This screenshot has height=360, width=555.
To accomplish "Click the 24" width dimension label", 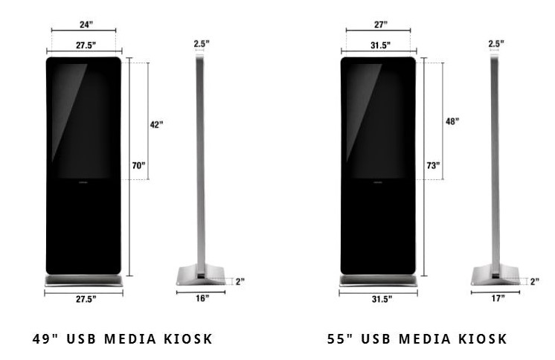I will tap(86, 25).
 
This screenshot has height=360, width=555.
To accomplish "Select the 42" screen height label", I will tap(155, 125).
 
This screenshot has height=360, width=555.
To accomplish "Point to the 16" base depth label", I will tap(202, 298).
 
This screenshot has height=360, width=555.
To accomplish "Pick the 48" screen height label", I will tap(452, 121).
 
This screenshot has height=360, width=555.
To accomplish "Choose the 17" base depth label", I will tap(497, 298).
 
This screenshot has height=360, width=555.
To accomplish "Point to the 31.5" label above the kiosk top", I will tap(380, 46).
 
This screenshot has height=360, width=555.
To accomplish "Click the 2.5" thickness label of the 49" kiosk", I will tap(199, 44).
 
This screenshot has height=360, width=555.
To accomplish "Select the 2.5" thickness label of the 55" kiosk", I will tap(495, 44).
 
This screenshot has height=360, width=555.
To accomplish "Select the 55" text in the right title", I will tap(339, 339).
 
